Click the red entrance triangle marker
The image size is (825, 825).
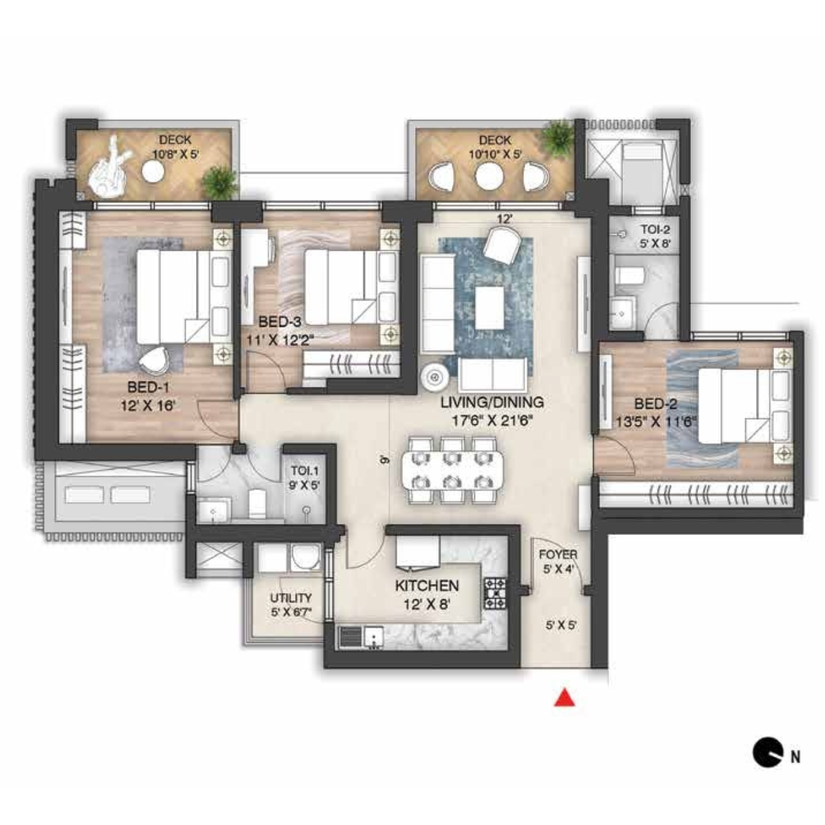click(x=565, y=697)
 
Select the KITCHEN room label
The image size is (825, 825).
click(x=427, y=586)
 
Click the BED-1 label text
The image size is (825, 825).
click(x=148, y=387)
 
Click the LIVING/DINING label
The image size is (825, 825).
click(x=492, y=402)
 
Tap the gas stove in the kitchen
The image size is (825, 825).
click(x=495, y=594)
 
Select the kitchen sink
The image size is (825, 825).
click(x=374, y=638)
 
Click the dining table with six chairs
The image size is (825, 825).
click(x=452, y=470)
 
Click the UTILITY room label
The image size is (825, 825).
click(x=291, y=598)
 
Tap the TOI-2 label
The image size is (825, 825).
click(x=655, y=230)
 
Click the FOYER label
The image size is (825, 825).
click(x=558, y=555)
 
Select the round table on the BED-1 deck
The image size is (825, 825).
click(x=153, y=171)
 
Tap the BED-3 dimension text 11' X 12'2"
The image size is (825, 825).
click(x=280, y=340)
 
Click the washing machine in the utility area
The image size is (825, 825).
click(x=306, y=558)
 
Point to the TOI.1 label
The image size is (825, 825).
click(x=305, y=471)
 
